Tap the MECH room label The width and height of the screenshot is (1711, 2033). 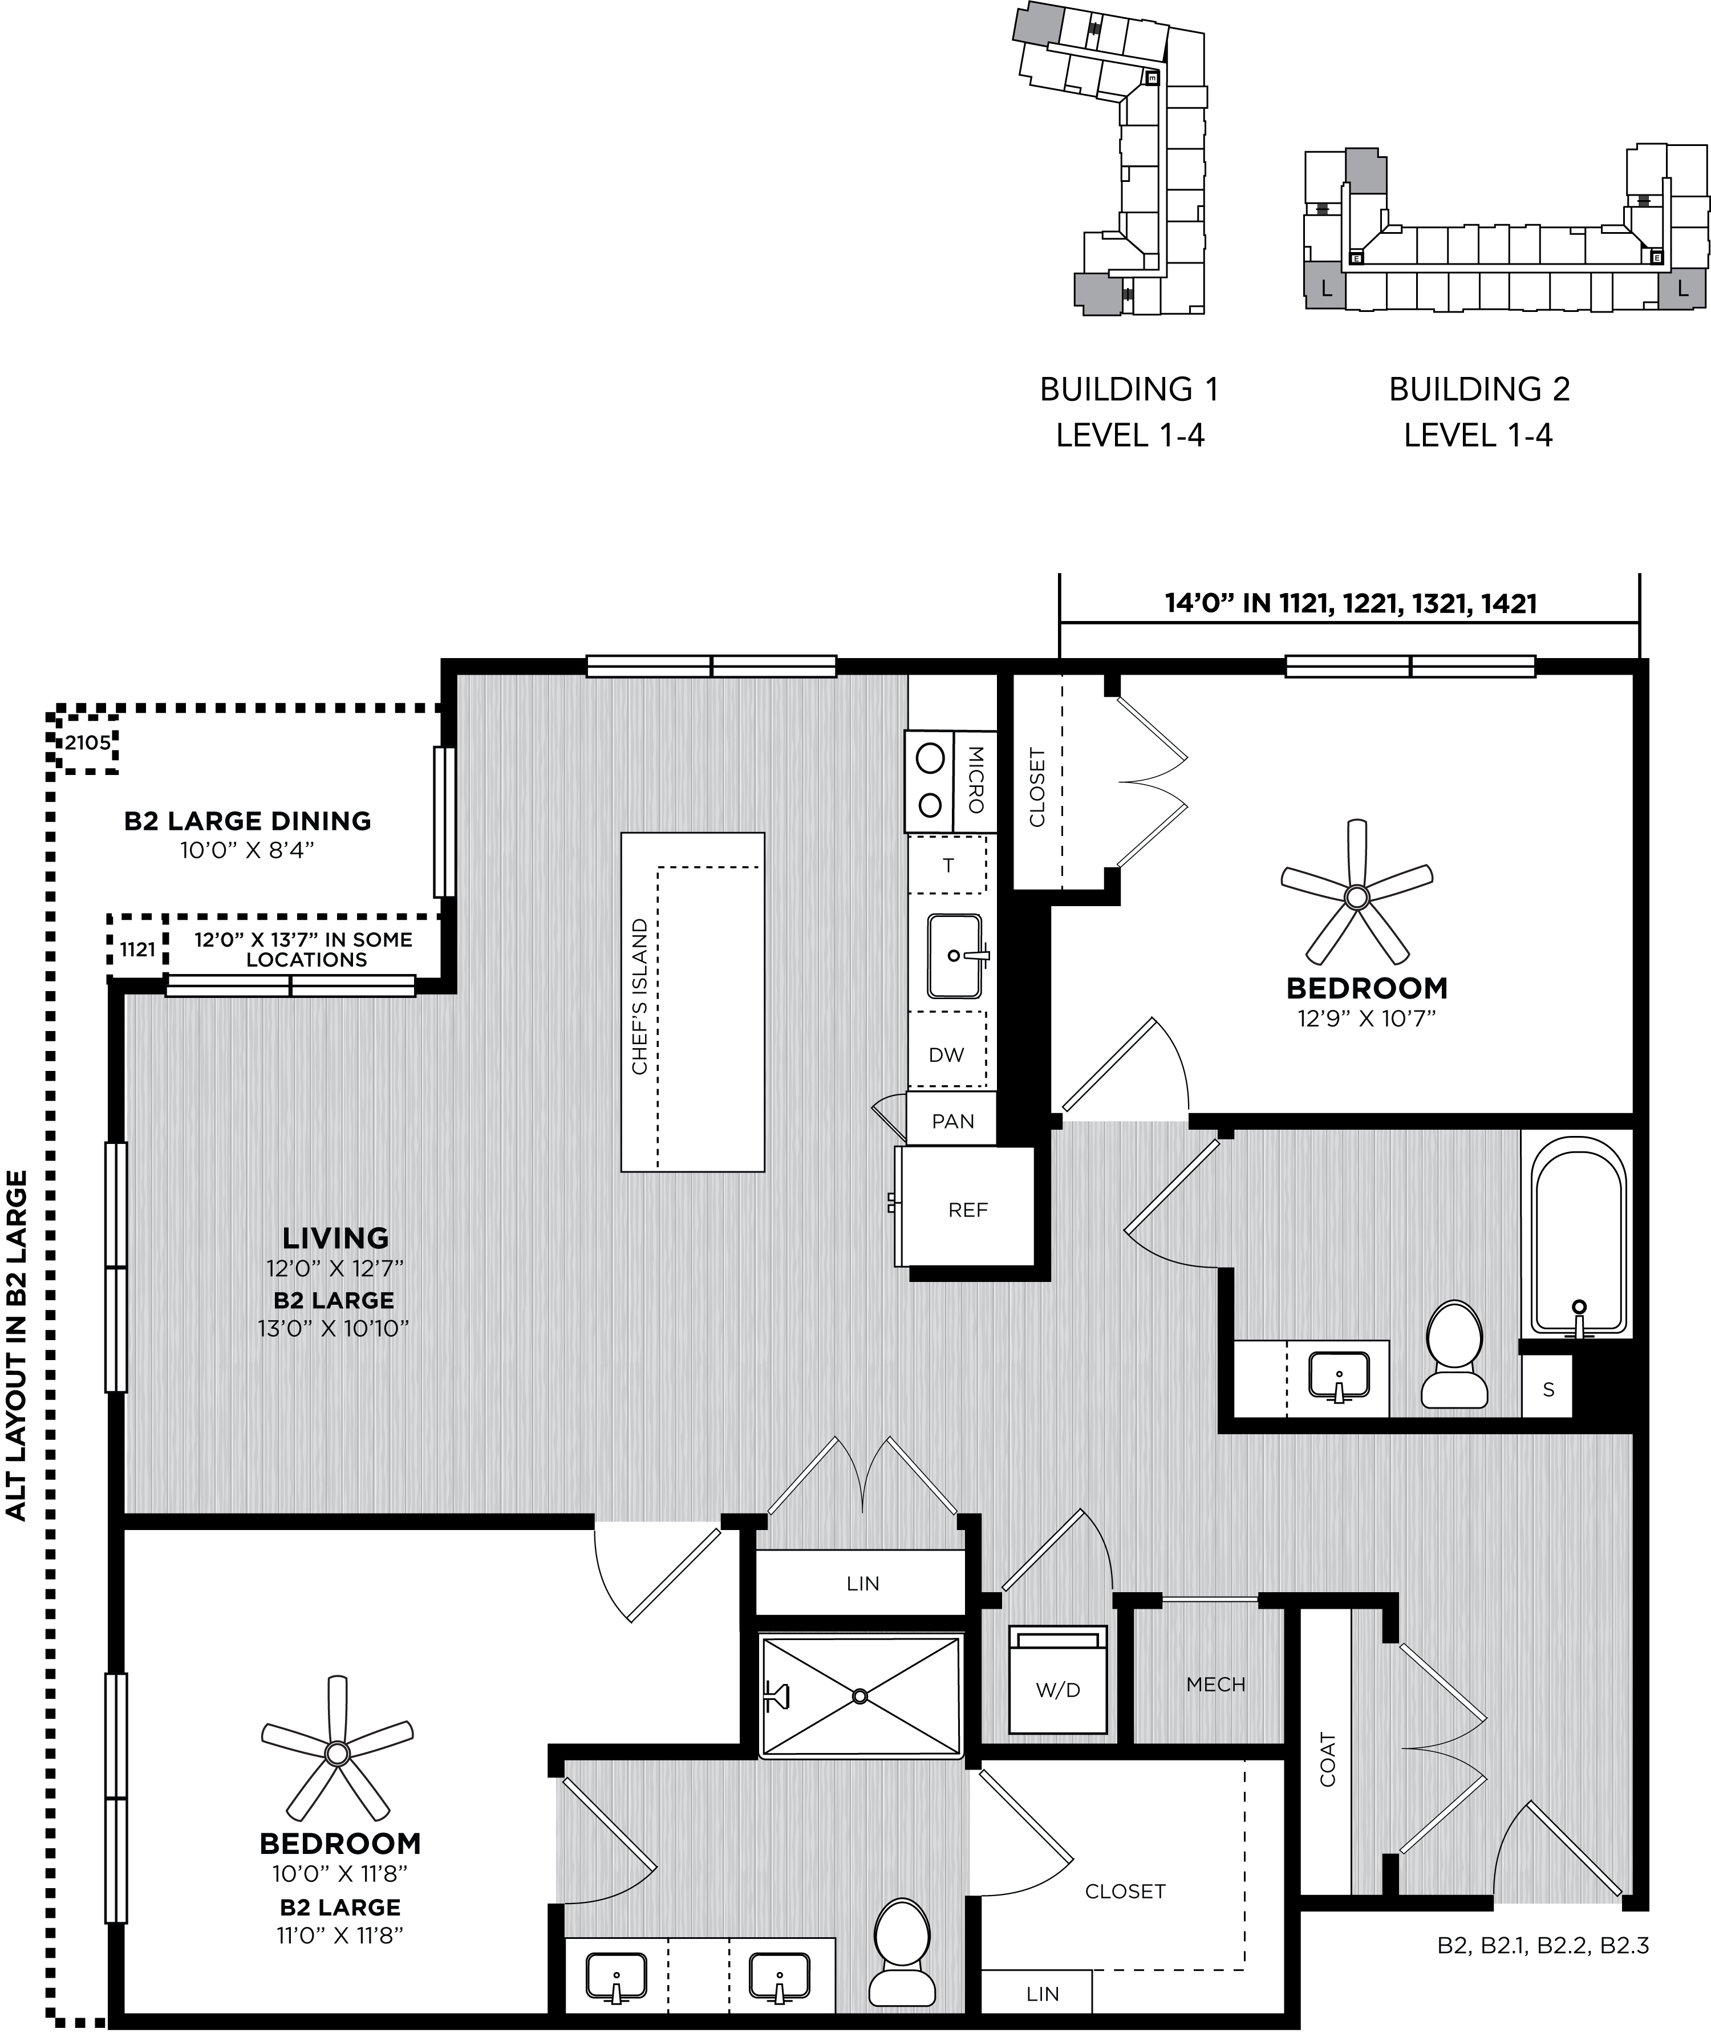tap(1215, 1685)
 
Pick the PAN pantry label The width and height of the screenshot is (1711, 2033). tap(952, 1121)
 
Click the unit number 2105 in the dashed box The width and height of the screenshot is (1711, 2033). tap(87, 744)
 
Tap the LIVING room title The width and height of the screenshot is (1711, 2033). tap(335, 1237)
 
